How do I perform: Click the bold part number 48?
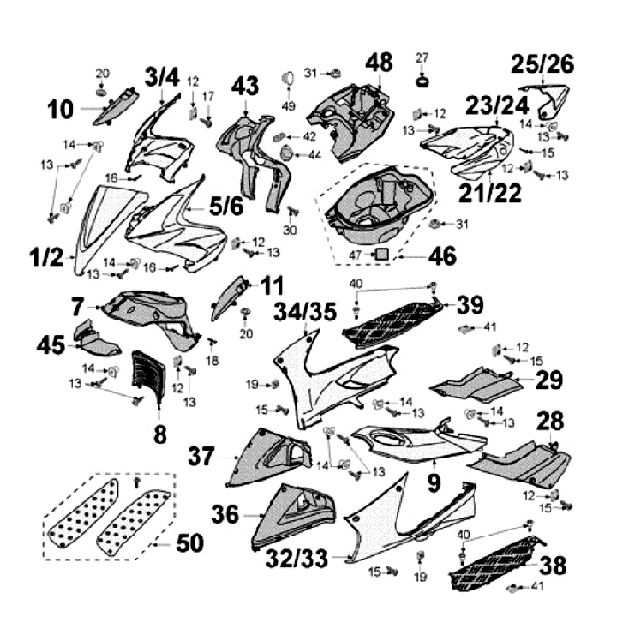pos(379,63)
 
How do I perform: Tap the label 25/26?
pos(542,64)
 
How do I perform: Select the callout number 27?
pos(422,58)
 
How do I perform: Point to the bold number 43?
pos(245,86)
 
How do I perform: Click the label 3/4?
pos(162,77)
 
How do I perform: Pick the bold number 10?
pos(61,109)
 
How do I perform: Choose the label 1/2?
pos(46,257)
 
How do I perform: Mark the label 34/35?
pos(305,312)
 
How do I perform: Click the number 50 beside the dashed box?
pos(189,543)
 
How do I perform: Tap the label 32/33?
pos(297,558)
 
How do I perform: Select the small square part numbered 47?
pos(381,254)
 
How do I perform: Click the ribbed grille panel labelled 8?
pos(147,376)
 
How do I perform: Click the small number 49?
pos(289,106)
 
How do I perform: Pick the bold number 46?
pos(442,255)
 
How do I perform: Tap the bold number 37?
pos(201,456)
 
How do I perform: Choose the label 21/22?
pos(490,193)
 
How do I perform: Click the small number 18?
pos(213,360)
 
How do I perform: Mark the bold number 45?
pos(51,346)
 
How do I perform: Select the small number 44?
pos(314,155)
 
